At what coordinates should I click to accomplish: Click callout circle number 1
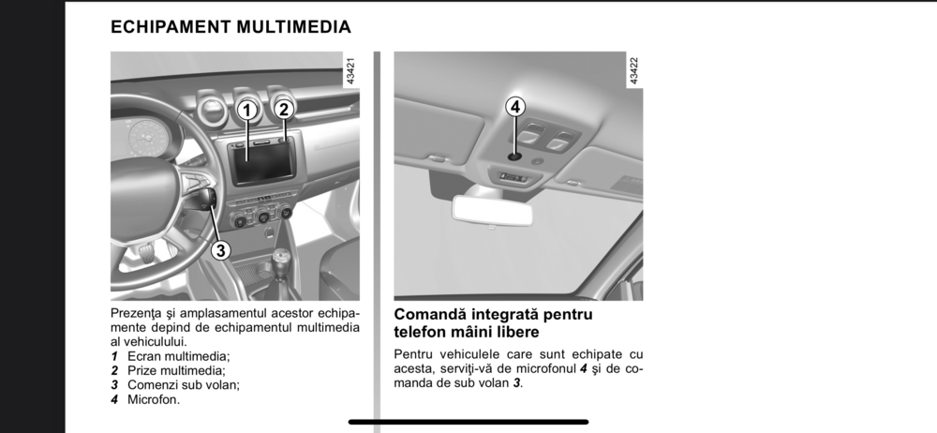coord(246,110)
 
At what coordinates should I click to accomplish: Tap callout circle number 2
coord(285,109)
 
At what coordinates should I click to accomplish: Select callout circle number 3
coord(220,250)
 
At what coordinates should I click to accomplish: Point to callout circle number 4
coord(515,107)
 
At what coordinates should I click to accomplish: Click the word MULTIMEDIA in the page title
coord(293,27)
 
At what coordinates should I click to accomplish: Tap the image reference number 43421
coord(350,70)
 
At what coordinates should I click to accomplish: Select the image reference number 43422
coord(634,70)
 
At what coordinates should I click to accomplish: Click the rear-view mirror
coord(492,209)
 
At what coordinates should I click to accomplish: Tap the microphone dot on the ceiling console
coord(514,157)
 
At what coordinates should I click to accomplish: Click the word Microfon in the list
coord(153,400)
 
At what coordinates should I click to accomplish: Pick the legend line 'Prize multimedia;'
coord(176,371)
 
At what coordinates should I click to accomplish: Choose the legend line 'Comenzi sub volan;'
coord(184,385)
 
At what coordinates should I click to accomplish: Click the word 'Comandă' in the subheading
coord(430,314)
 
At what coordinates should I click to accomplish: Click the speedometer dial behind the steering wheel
coord(146,140)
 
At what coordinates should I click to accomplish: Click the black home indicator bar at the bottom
coord(468,422)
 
